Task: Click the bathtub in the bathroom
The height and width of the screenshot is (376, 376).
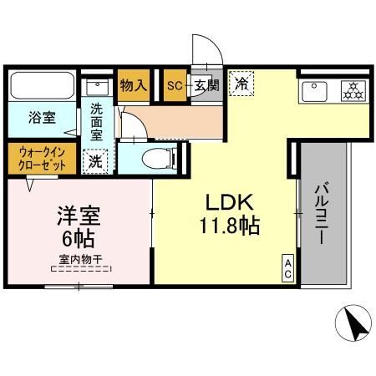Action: point(42,85)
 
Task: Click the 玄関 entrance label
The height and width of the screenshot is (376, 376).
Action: point(207,85)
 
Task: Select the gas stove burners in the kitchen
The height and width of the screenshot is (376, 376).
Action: point(352,90)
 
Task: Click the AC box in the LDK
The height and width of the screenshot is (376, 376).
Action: point(286,267)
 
